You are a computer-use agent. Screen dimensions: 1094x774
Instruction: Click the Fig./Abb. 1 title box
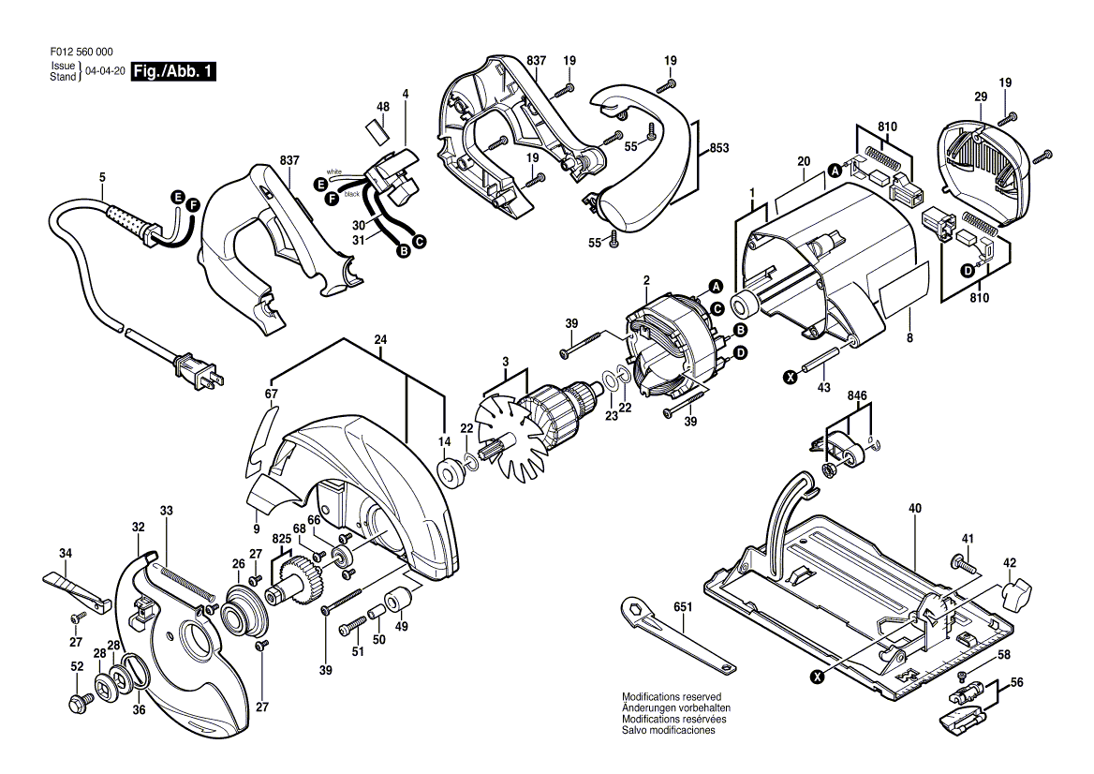(173, 71)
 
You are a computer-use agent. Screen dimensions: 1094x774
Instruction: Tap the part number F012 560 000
(81, 52)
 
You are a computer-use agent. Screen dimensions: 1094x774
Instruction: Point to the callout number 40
(915, 508)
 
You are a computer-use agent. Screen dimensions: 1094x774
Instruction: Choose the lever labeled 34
(77, 590)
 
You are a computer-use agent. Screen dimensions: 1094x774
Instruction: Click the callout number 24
(380, 340)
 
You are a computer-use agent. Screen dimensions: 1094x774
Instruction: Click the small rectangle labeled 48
(378, 131)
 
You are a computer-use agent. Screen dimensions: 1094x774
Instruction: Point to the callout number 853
(718, 148)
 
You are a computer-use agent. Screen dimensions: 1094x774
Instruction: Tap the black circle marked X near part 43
(791, 378)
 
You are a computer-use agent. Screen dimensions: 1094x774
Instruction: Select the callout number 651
(683, 607)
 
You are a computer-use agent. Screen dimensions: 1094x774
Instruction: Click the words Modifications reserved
(672, 696)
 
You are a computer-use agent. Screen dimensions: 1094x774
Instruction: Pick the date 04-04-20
(105, 71)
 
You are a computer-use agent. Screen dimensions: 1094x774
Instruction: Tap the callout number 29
(981, 97)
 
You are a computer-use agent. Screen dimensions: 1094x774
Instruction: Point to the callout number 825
(281, 538)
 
